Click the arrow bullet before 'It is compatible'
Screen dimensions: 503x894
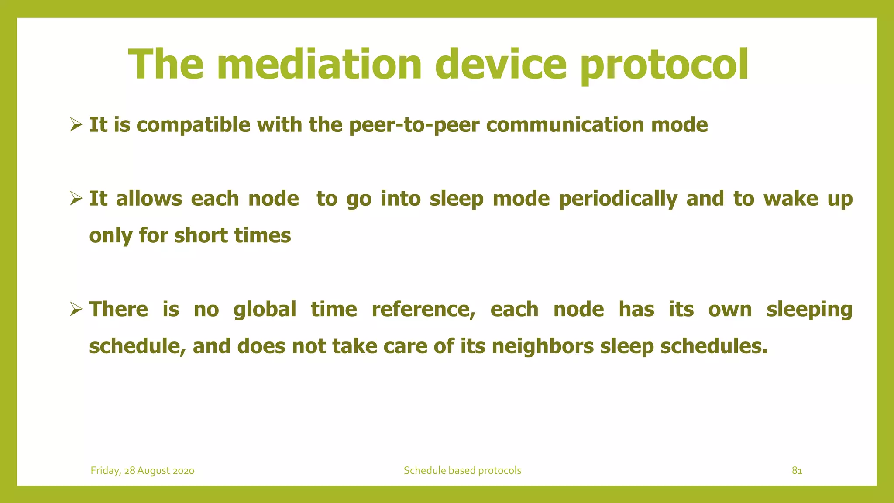click(76, 126)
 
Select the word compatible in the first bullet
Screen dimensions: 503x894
click(193, 125)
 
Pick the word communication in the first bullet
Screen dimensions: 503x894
click(565, 125)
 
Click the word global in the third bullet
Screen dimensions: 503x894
click(265, 310)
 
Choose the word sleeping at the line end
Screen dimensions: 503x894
click(809, 310)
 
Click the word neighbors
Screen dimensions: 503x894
click(543, 346)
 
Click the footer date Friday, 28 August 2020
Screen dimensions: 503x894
click(142, 470)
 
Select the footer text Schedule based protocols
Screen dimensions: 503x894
click(462, 470)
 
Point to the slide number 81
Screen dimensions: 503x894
click(797, 470)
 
